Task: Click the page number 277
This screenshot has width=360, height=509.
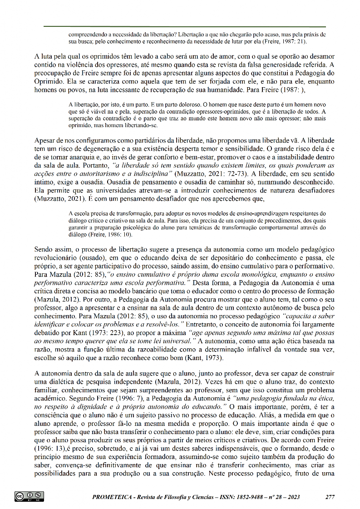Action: click(330, 496)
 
